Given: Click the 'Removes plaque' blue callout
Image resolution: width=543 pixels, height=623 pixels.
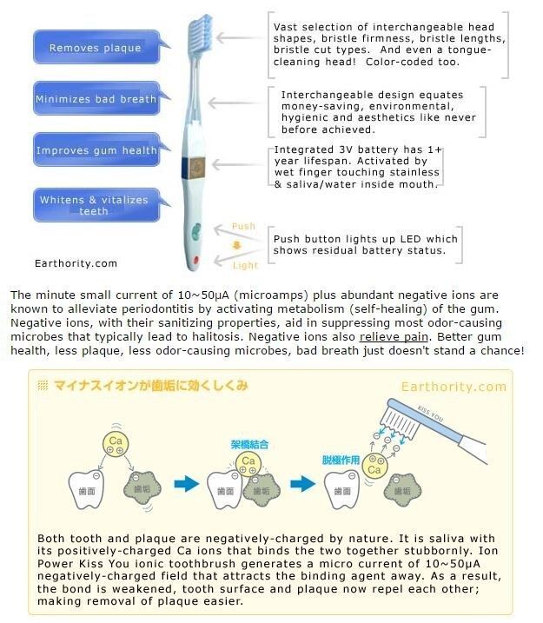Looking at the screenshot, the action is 96,47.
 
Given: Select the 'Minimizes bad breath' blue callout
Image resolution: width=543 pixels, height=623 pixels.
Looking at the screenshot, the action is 96,98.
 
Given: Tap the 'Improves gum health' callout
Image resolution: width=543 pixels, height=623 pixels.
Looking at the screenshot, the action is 96,149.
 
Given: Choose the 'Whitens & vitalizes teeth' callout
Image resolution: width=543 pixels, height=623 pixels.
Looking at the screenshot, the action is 96,205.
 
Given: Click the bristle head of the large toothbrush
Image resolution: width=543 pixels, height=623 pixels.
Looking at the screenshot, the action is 203,32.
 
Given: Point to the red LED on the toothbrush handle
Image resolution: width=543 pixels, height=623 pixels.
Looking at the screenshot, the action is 195,261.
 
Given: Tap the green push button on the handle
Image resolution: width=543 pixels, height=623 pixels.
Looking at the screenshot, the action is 196,232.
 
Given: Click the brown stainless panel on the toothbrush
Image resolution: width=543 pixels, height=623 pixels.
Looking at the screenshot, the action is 197,168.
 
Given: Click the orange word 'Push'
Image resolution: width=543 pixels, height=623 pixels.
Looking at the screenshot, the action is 243,226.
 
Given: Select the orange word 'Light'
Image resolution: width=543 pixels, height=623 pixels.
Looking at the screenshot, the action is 246,265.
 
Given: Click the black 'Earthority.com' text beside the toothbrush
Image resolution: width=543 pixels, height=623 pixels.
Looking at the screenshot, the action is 76,263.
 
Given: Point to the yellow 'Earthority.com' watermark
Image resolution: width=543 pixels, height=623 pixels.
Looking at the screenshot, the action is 454,387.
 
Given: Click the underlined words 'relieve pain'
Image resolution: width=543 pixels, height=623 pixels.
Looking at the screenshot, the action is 394,337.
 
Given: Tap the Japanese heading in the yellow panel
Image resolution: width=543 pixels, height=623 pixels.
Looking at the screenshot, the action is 150,386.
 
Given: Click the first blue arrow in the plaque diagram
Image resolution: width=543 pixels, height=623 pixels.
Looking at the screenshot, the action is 187,484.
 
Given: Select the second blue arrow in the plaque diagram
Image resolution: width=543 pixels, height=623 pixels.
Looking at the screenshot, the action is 303,484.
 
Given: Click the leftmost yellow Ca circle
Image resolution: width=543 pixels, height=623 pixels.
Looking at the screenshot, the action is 116,444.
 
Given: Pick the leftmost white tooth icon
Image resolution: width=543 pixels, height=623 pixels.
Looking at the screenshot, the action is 86,490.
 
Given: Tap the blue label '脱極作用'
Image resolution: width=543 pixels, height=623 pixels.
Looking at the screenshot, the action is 341,461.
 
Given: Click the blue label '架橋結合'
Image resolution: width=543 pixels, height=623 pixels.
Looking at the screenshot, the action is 249,444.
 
